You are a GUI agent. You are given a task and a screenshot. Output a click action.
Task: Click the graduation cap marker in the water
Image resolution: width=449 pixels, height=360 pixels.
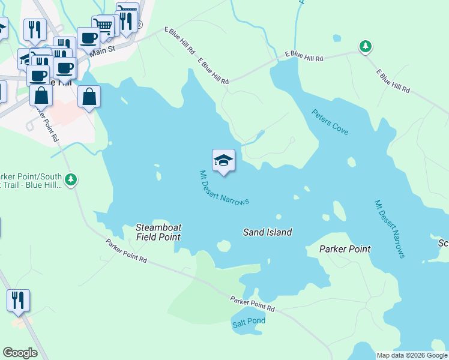223,161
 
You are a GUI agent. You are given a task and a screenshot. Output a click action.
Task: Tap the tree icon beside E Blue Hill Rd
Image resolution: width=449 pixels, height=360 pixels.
365,46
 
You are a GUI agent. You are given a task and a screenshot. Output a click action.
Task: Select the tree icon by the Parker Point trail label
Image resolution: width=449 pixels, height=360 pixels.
71,179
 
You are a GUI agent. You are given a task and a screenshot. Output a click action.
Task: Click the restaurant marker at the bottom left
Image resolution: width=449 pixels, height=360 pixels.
18,300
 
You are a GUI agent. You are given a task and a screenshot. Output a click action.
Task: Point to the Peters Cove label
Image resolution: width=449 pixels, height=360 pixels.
330,122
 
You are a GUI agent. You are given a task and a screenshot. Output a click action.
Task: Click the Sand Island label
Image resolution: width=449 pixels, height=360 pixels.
267,232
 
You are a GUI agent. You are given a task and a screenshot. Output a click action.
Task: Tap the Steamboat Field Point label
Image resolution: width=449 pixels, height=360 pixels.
158,232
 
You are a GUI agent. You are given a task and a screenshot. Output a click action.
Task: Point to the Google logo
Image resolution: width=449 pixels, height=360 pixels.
20,352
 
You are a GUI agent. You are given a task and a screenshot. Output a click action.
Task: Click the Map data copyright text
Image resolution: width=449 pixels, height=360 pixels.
412,355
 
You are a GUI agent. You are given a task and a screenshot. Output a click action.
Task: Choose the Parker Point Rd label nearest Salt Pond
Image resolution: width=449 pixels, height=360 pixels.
252,304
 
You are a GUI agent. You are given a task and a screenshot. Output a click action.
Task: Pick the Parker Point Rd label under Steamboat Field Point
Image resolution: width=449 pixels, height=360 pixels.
126,251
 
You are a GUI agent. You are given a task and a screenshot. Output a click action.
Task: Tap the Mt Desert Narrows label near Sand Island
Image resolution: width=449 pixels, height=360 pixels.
224,188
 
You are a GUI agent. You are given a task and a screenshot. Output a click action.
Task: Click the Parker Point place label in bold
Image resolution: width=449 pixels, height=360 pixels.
345,248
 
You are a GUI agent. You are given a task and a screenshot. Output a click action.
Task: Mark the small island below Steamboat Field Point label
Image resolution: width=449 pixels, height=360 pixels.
223,245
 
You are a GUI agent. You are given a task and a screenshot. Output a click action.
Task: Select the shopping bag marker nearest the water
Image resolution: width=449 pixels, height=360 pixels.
89,97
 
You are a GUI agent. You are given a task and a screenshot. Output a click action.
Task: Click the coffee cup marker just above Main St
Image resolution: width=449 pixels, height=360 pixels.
88,38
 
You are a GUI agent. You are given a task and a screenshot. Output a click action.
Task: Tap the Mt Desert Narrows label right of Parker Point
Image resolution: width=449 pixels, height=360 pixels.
390,229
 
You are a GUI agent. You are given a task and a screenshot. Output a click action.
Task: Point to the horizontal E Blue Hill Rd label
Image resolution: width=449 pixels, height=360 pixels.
304,56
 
